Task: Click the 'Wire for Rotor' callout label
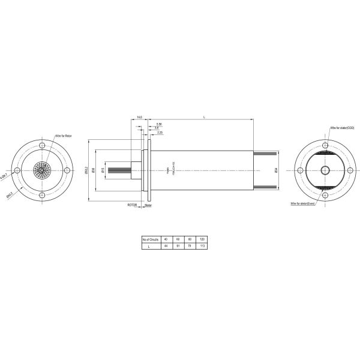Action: point(64,137)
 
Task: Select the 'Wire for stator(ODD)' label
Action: point(343,128)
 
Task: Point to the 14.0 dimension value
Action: point(139,118)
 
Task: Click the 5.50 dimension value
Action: point(158,124)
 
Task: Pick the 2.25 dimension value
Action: point(160,133)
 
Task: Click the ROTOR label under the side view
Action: point(132,205)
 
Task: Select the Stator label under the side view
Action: point(148,205)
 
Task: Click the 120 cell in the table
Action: point(202,239)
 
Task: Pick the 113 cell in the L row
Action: point(202,246)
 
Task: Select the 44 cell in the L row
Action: point(166,246)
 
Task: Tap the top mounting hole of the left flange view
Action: point(42,146)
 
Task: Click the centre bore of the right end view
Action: point(325,170)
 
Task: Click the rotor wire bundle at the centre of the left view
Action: point(42,170)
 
